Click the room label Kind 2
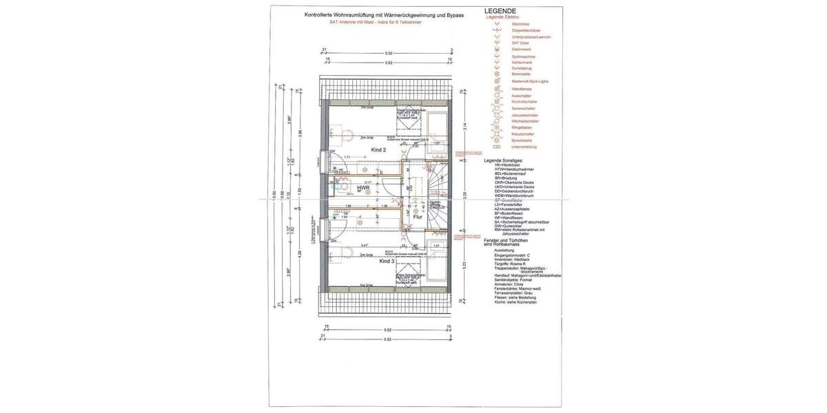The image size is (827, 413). pos(378,149)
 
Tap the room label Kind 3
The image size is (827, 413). pos(387,262)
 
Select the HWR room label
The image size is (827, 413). pos(363,187)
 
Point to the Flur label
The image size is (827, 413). pos(417,216)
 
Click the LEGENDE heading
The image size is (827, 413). pos(500,11)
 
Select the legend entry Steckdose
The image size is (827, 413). pos(520,24)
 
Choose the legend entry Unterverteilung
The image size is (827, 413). pos(524,147)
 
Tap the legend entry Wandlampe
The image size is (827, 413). pos(522,89)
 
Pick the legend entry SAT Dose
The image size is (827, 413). pos(520,43)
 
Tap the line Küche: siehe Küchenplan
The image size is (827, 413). pos(515,302)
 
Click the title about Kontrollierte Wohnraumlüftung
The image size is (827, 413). pos(384,14)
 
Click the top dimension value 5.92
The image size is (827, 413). pos(388,53)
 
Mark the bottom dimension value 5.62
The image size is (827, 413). pos(388,330)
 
